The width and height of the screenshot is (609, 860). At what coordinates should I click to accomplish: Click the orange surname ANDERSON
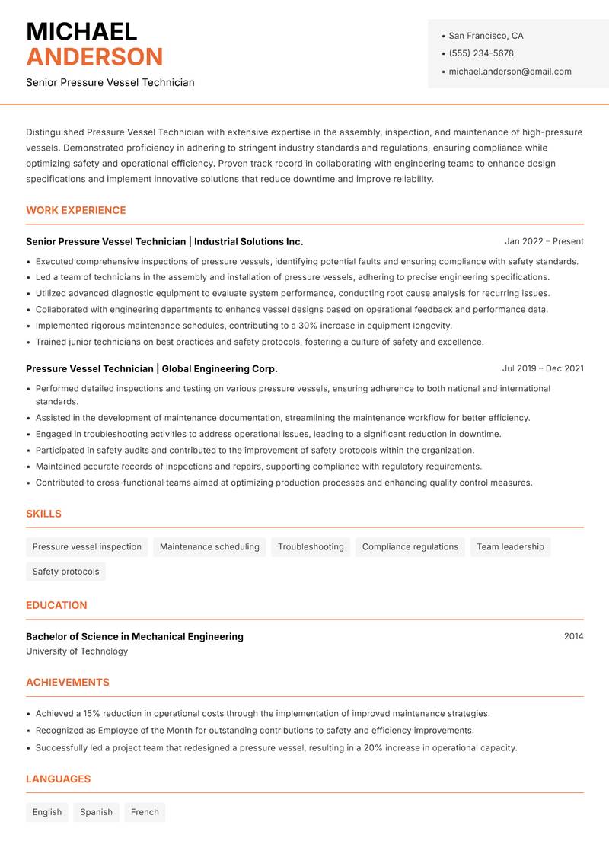94,57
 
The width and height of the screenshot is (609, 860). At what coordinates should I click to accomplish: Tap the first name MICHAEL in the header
81,31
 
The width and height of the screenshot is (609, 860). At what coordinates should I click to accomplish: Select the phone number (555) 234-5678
481,53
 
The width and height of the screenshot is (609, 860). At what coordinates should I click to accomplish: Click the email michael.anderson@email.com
510,72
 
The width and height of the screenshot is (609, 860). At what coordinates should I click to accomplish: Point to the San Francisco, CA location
486,36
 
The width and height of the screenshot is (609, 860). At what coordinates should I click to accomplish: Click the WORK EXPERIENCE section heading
76,210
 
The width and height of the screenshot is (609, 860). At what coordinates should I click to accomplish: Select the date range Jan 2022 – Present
544,241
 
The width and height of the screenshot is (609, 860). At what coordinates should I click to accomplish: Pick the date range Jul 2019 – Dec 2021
543,368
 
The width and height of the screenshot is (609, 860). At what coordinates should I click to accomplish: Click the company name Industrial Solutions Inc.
249,241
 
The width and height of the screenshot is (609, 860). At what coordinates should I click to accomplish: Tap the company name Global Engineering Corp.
220,368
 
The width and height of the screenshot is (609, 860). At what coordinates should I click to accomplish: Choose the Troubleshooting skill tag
311,546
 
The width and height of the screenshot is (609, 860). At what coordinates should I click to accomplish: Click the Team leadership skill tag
510,546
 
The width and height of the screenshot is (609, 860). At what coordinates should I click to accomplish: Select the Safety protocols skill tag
65,572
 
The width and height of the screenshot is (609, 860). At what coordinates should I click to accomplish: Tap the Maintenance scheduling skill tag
209,546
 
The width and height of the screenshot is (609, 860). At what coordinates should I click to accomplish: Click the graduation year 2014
573,636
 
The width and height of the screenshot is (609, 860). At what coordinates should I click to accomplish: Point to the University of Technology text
77,651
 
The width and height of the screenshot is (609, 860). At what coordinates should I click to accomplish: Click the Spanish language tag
96,812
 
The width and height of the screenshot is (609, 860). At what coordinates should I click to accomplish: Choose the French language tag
145,812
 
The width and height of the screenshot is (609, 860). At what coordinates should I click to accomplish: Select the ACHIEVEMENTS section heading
68,683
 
